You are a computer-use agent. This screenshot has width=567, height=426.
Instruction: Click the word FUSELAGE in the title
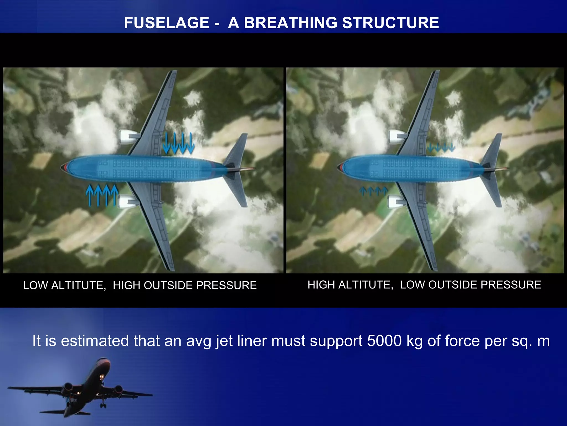(166, 23)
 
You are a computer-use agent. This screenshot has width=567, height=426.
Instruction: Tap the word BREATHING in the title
(290, 23)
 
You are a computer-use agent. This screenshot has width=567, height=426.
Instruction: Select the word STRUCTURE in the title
(390, 23)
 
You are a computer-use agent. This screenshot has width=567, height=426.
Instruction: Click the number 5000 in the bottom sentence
(384, 341)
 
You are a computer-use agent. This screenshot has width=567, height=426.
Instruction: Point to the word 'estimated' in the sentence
(95, 341)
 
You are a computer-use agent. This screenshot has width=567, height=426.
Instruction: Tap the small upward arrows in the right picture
(374, 191)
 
